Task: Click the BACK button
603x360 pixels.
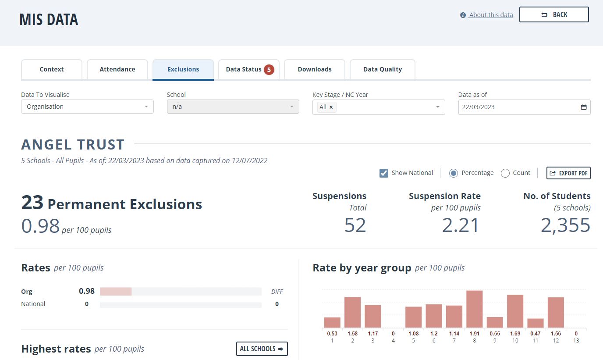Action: (x=554, y=14)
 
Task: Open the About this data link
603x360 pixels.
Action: (x=490, y=15)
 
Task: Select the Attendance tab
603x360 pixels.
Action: (x=117, y=69)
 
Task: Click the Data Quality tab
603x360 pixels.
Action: (x=382, y=69)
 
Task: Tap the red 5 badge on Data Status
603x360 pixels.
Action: (x=269, y=69)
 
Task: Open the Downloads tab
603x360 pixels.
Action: (x=314, y=69)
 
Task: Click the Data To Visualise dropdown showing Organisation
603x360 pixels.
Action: (x=87, y=107)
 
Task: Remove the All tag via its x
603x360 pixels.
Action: (x=331, y=107)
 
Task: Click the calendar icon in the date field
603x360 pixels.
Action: (x=584, y=107)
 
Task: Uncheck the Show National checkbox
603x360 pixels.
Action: (x=383, y=173)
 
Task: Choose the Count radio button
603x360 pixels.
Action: (x=505, y=173)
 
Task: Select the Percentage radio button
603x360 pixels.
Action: (x=453, y=173)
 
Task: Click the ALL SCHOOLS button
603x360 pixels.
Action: (x=262, y=349)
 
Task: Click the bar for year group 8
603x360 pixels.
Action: (x=474, y=309)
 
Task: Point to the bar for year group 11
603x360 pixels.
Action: (x=536, y=323)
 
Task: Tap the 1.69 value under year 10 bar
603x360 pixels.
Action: (x=515, y=333)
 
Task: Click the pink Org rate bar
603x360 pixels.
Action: (x=116, y=291)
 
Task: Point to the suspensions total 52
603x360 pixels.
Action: (x=355, y=225)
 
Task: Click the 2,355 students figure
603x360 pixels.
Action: (x=565, y=225)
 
